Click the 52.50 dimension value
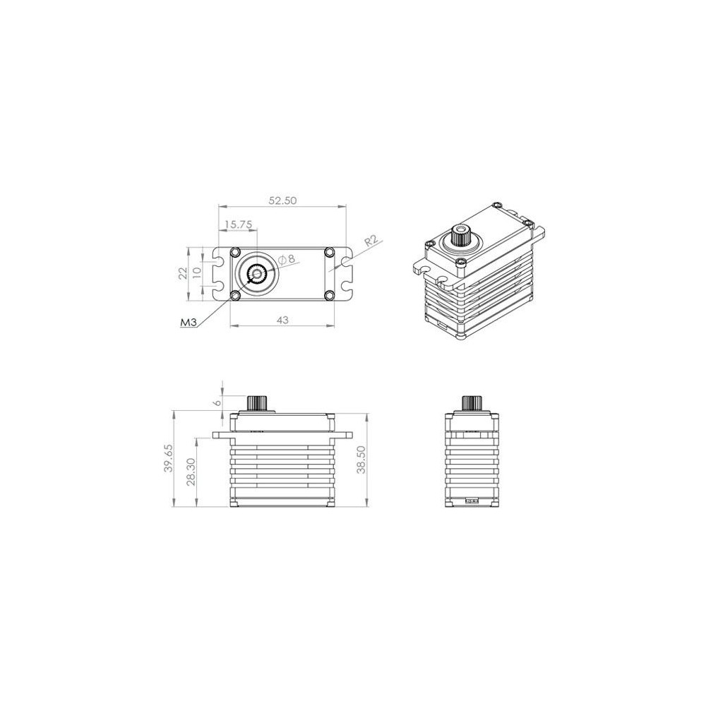[283, 201]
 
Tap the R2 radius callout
[371, 241]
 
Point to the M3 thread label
[189, 323]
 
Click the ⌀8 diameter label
[287, 259]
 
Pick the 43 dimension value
[282, 320]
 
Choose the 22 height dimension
[183, 273]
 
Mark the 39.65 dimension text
[168, 458]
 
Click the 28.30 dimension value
[191, 472]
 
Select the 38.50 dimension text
[361, 460]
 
